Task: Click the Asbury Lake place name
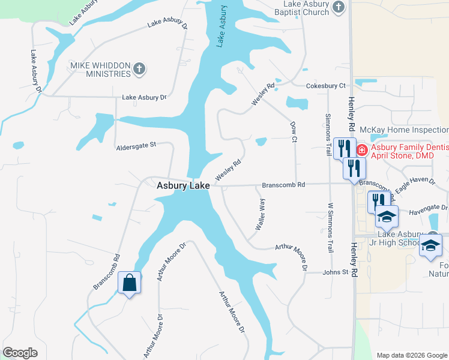[183, 186]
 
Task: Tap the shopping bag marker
[130, 282]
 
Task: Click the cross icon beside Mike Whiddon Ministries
[139, 69]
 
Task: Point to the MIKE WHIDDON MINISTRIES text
[101, 69]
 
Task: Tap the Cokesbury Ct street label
[327, 86]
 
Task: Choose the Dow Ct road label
[294, 131]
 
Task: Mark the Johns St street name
[336, 272]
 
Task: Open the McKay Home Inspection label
[403, 130]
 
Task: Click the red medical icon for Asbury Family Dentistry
[362, 149]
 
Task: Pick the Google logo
[20, 353]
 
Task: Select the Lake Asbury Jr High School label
[400, 238]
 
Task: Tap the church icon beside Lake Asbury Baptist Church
[339, 8]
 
